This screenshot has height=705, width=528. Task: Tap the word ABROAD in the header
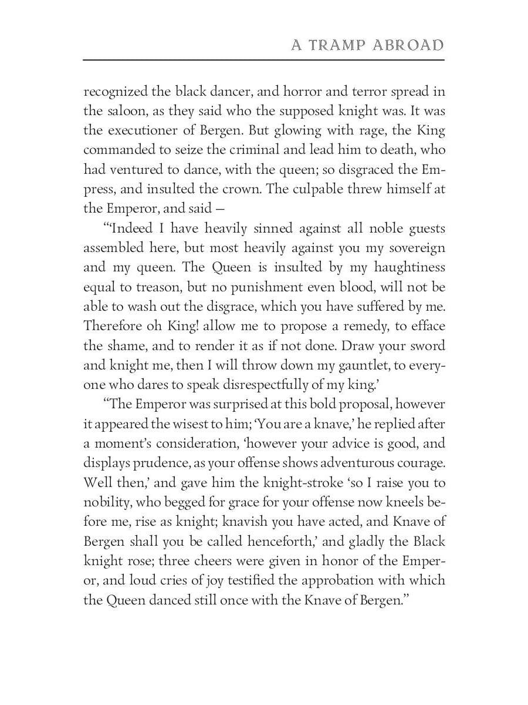point(408,46)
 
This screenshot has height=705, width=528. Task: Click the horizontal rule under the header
point(264,60)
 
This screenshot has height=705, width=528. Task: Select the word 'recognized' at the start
point(113,92)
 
